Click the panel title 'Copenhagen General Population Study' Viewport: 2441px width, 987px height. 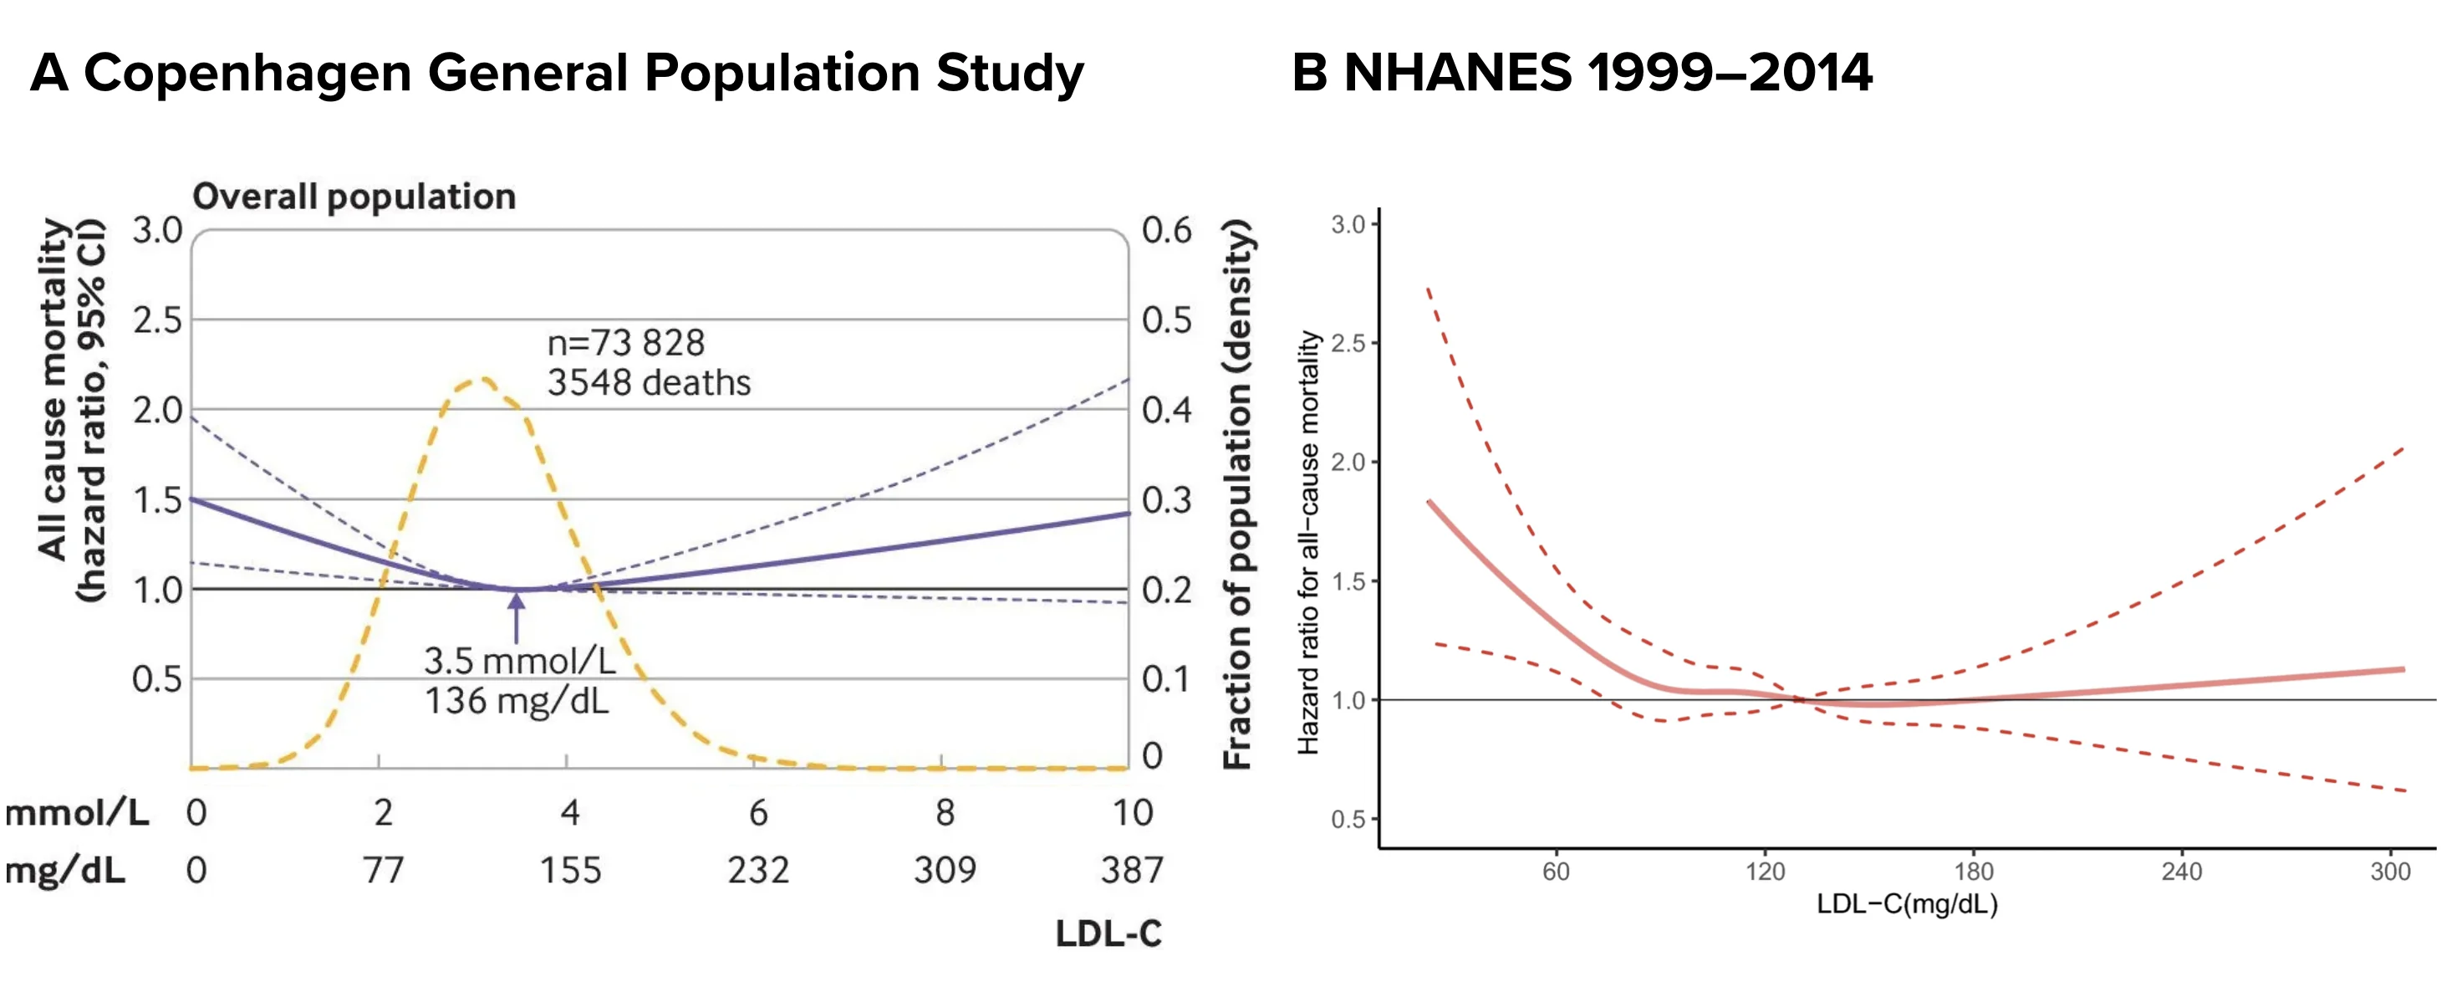(583, 73)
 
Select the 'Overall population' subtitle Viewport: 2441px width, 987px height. (354, 197)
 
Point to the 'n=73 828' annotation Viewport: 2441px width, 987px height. (626, 342)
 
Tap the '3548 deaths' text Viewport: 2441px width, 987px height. (649, 382)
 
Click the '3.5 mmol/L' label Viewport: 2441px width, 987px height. (519, 660)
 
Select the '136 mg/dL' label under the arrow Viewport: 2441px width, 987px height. (517, 701)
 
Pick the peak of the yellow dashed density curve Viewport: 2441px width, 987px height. (482, 381)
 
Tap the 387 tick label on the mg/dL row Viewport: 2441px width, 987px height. (1131, 869)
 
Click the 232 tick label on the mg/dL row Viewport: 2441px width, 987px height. (758, 869)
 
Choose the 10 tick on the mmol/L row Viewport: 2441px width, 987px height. (1133, 812)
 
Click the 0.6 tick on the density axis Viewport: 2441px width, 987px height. (1166, 229)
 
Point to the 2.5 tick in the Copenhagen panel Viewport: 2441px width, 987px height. (157, 320)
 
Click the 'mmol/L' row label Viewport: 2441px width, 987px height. (77, 812)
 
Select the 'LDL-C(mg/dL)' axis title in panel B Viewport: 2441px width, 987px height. (1907, 903)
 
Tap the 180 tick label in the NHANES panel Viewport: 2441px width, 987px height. (1974, 872)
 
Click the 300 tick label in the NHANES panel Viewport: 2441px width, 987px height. (2390, 872)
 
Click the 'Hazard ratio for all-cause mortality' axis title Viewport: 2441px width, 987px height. (1307, 542)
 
